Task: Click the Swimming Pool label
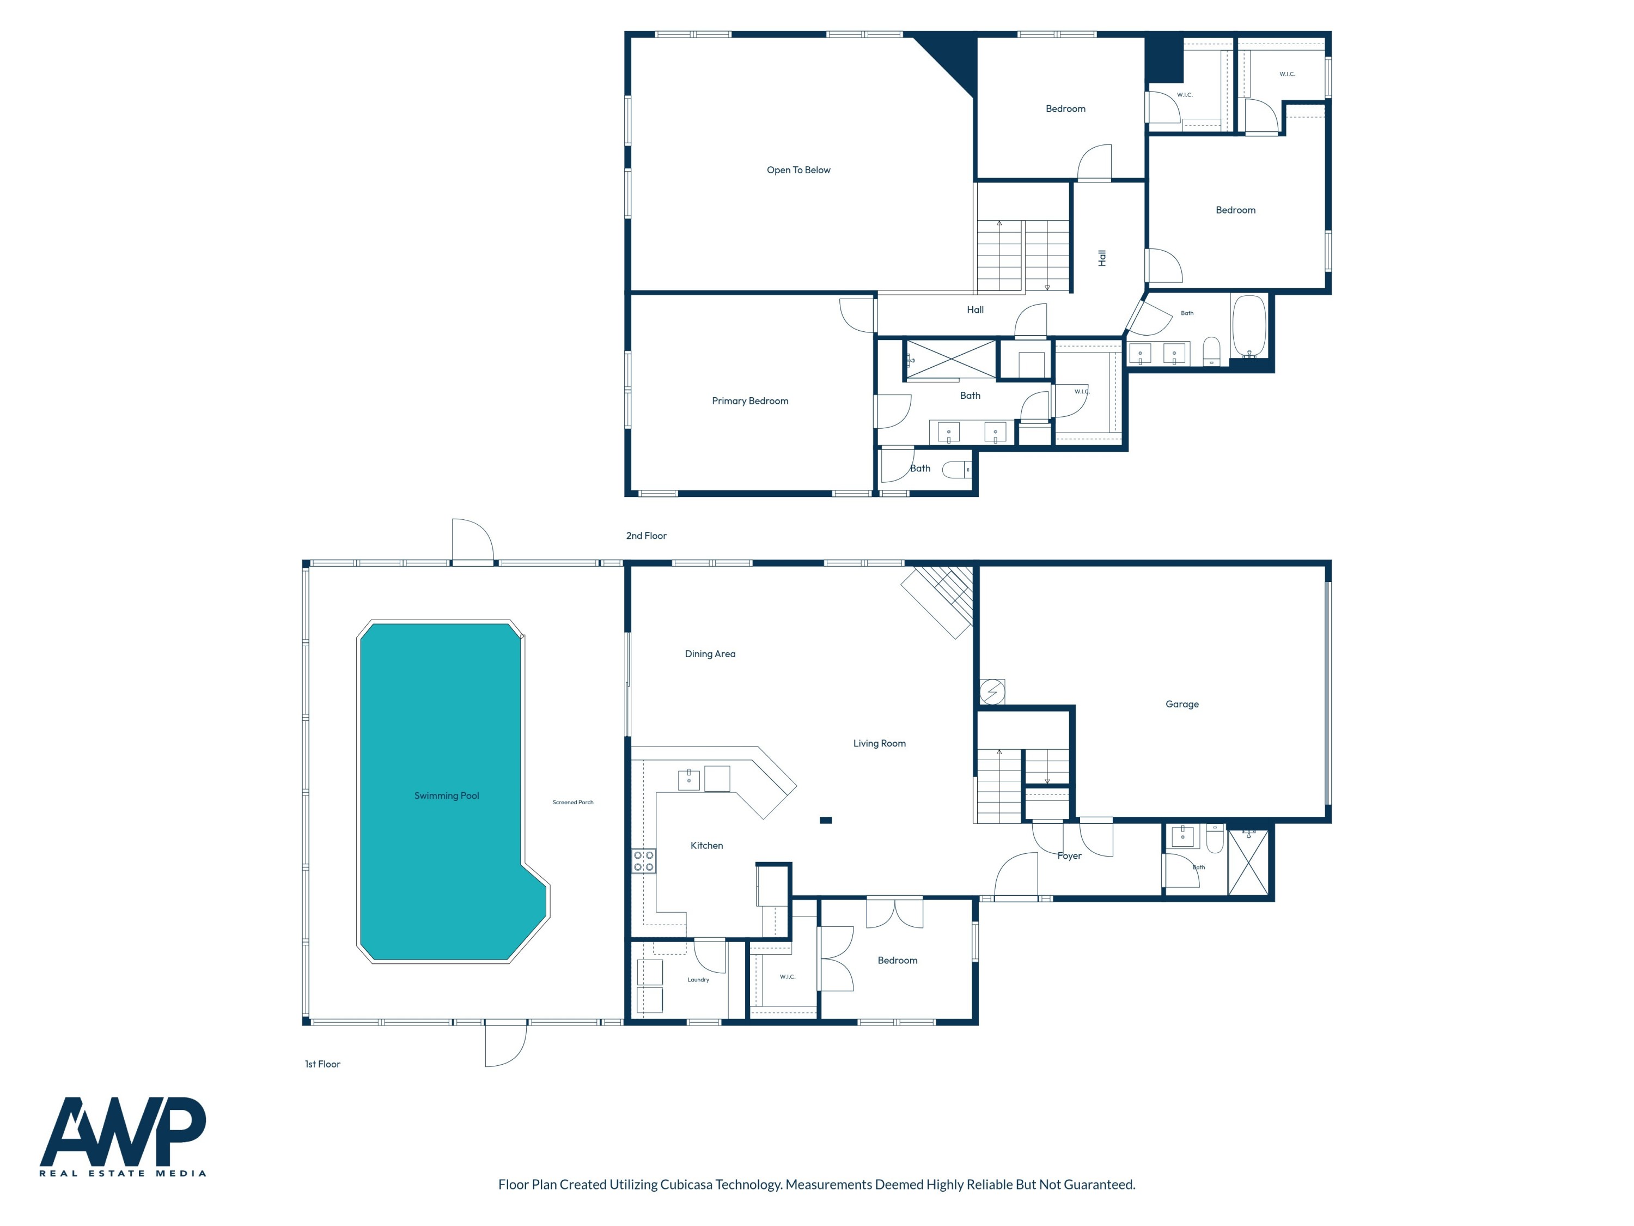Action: [446, 796]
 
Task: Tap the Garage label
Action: [1182, 704]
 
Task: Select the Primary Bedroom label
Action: [750, 401]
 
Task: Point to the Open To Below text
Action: [798, 170]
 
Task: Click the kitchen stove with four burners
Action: [643, 861]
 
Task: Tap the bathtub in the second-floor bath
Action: [1249, 326]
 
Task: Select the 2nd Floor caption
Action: [645, 536]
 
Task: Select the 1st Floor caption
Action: [322, 1064]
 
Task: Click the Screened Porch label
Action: [572, 803]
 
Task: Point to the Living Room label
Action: [879, 743]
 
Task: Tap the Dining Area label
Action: [710, 654]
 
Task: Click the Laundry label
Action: [698, 980]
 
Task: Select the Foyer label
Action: [1069, 856]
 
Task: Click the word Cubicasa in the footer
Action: [686, 1185]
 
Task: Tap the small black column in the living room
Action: [826, 820]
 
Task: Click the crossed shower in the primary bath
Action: [950, 360]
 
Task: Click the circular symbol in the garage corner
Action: [992, 693]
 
